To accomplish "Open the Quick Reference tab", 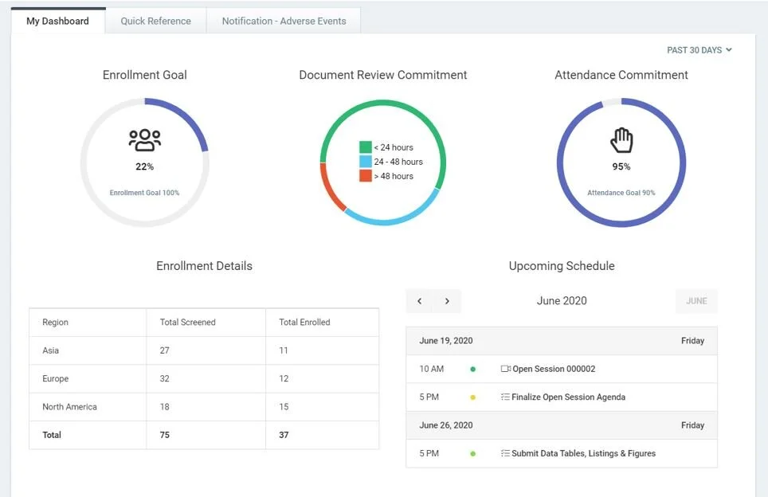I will [x=155, y=21].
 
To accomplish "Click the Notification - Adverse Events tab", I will [x=284, y=21].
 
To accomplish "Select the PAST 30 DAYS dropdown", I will [x=699, y=50].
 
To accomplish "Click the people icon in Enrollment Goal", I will [x=144, y=140].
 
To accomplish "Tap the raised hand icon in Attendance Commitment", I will [x=621, y=140].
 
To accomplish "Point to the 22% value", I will [x=144, y=166].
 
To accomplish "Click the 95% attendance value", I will [x=621, y=166].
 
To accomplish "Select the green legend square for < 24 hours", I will [x=366, y=147].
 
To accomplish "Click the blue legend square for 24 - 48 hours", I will [x=366, y=162].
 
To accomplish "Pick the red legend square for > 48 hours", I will [x=366, y=176].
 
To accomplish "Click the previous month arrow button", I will [x=420, y=301].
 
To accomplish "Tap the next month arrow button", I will [x=447, y=301].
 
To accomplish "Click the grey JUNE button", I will [x=696, y=301].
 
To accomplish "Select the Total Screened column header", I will [x=187, y=323].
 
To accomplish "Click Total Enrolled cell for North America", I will [x=284, y=407].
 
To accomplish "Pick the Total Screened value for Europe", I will [x=165, y=379].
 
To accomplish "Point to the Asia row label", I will [x=50, y=350].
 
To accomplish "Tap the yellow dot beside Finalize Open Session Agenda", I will [x=472, y=397].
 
